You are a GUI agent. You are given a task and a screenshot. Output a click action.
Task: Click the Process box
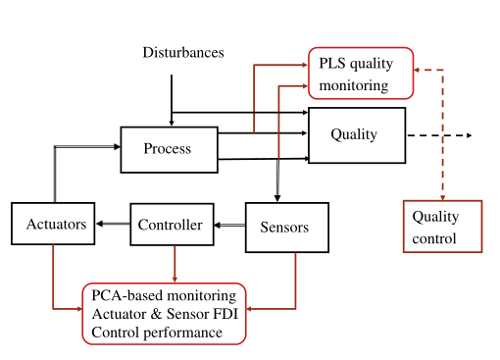(168, 149)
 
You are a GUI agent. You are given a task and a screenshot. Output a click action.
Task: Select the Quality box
(356, 135)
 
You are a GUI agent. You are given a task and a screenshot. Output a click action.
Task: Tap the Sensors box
(284, 227)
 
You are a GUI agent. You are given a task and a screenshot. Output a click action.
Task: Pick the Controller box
(172, 225)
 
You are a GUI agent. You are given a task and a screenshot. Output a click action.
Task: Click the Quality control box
(442, 227)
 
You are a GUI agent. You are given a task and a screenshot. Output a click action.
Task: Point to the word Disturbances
(183, 53)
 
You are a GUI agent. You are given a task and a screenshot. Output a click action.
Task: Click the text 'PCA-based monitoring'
(164, 295)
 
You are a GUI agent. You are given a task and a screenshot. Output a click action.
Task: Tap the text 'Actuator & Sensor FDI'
(163, 314)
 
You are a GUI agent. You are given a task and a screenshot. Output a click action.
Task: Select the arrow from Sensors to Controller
(229, 226)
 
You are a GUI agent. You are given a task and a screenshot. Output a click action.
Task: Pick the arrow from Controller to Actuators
(113, 225)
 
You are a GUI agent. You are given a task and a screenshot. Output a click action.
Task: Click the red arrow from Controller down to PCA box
(175, 263)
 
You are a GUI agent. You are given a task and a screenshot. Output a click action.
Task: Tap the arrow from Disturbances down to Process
(173, 98)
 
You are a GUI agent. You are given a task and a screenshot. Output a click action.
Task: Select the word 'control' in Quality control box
(433, 237)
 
